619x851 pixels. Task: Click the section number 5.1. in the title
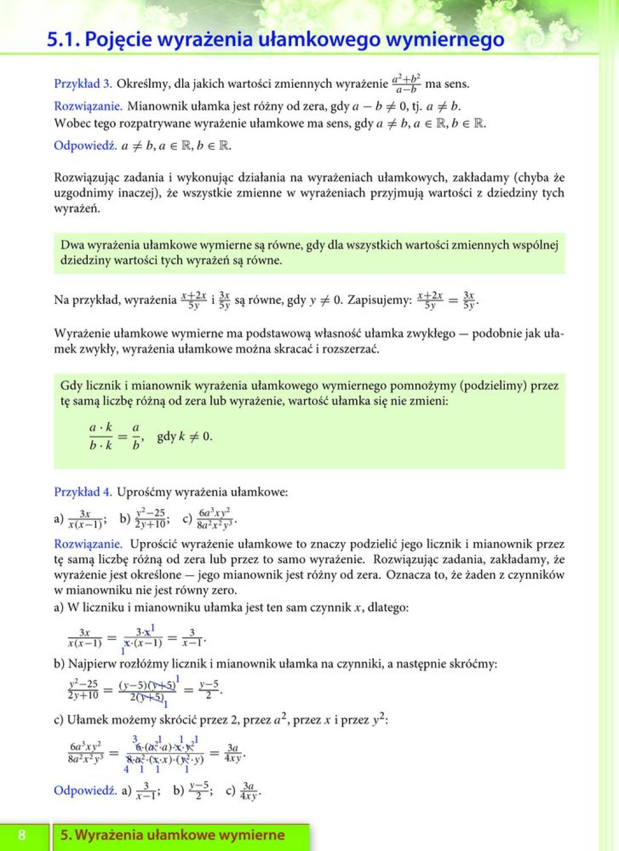point(64,39)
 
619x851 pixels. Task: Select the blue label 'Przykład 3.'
point(83,84)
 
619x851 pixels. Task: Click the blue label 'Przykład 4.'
point(83,492)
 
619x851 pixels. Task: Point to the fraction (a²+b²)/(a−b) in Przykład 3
point(406,84)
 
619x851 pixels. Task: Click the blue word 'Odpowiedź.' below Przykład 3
point(85,145)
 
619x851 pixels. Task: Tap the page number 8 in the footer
point(22,835)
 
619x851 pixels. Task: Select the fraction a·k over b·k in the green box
point(101,437)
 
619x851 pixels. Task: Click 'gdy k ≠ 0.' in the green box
point(185,436)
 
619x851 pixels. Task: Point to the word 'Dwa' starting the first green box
point(72,245)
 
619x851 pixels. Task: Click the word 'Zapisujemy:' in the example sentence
point(379,300)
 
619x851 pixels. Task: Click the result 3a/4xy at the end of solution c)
point(233,752)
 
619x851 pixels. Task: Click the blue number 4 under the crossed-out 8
point(126,770)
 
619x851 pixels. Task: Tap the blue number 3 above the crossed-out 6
point(135,739)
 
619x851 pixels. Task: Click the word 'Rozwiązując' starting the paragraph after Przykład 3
point(85,177)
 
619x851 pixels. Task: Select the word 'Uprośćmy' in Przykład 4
point(144,492)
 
